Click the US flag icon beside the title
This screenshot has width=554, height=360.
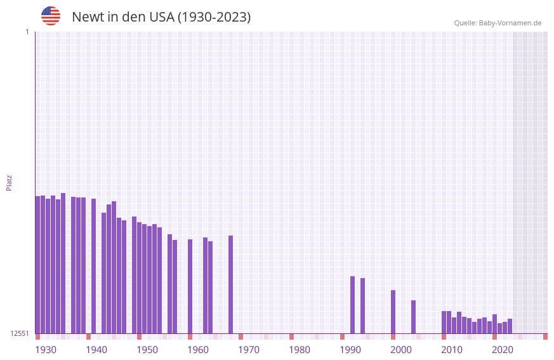coord(51,16)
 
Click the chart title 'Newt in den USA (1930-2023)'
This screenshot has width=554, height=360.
coord(161,17)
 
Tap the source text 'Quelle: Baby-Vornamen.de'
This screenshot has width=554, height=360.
coord(498,23)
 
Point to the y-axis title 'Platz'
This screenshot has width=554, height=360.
coord(9,182)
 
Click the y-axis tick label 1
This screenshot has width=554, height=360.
coord(27,32)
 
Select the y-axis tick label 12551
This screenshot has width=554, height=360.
coord(19,333)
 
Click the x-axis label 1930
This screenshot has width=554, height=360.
coord(46,350)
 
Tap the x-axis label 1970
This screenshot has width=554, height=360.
coord(249,350)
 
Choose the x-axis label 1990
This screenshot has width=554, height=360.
coord(350,350)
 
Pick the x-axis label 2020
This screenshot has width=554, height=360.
coord(503,350)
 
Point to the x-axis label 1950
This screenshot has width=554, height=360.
coord(147,350)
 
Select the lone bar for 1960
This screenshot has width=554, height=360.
coord(190,286)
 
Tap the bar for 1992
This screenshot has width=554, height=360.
coord(352,305)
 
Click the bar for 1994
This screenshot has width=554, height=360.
coord(362,305)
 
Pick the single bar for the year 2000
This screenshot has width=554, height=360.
coord(393,312)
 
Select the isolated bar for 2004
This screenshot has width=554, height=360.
coord(413,317)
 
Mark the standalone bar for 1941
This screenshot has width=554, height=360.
coord(93,266)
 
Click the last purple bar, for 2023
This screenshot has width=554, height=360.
coord(510,326)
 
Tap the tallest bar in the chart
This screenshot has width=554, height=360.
coord(63,263)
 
